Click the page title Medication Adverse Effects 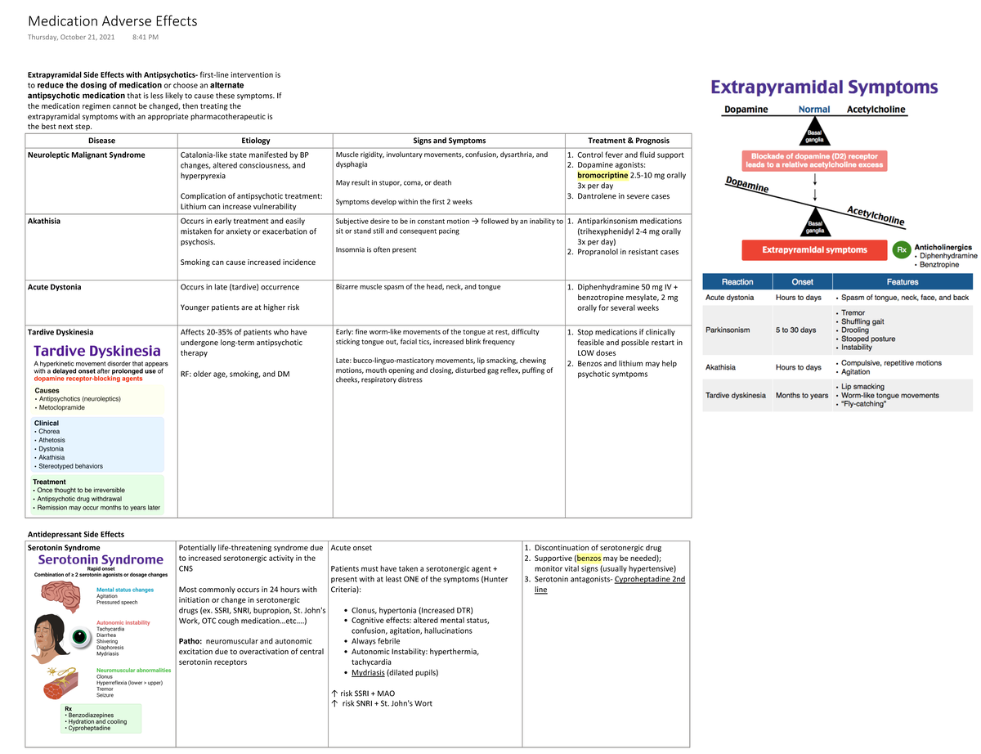[112, 21]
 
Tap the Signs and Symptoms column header [449, 141]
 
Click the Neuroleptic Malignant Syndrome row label [87, 155]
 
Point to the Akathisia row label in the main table [44, 221]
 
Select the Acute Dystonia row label [54, 287]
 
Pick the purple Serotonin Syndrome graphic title [101, 559]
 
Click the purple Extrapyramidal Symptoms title [824, 88]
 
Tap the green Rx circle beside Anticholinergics [901, 249]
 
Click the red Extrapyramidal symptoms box [814, 249]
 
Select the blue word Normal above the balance [813, 110]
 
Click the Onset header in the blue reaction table [802, 281]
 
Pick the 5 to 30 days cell [795, 330]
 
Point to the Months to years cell [802, 395]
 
